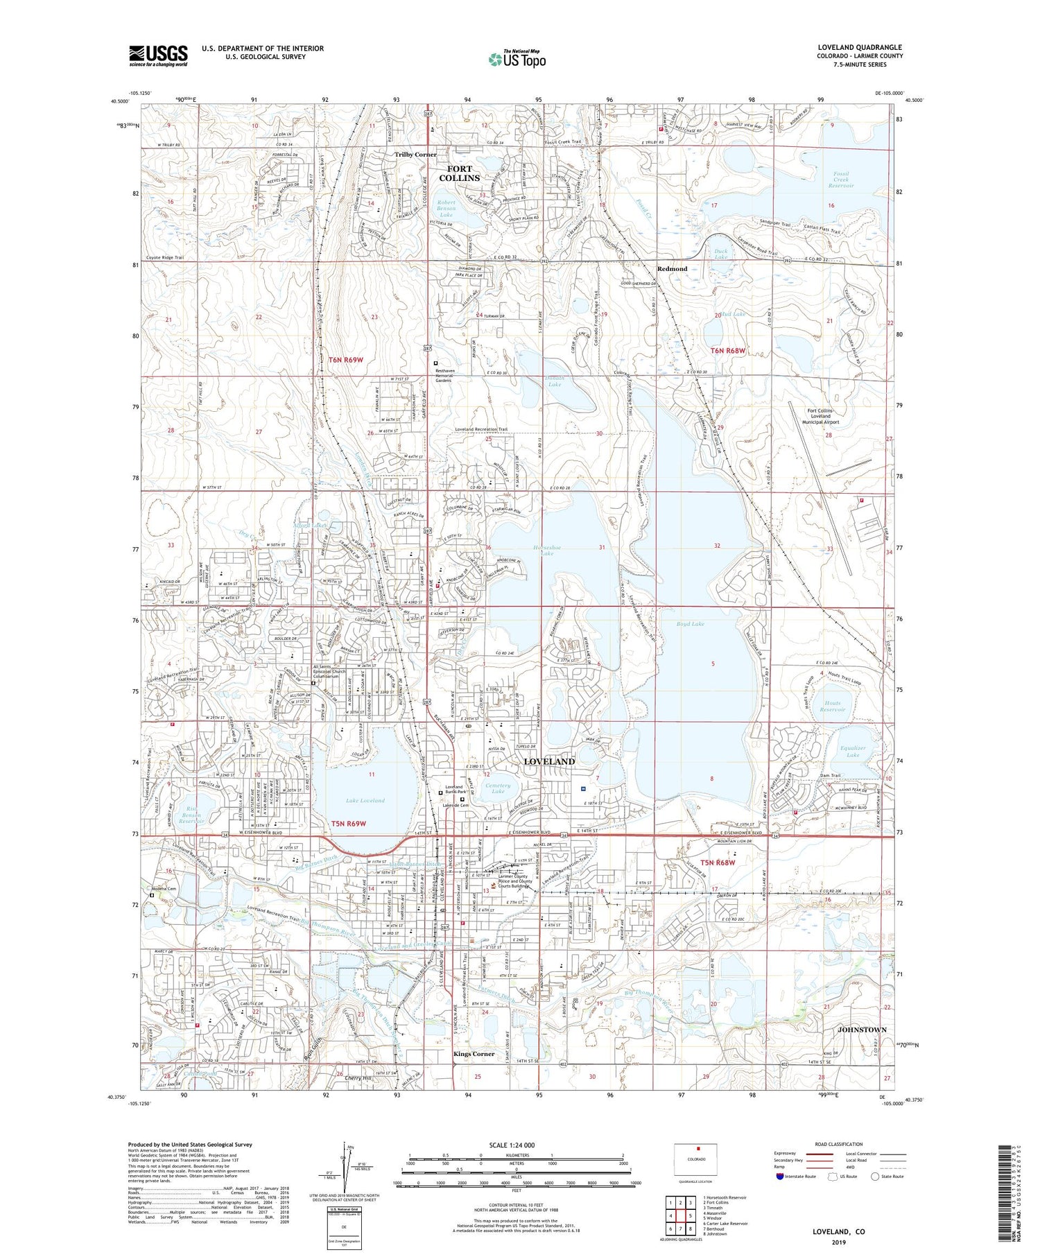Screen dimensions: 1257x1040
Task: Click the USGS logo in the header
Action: pos(158,55)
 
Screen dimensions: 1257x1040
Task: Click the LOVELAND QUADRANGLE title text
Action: pos(860,47)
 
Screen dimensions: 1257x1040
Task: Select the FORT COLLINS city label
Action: pos(459,173)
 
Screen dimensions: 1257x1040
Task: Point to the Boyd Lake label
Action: pos(690,624)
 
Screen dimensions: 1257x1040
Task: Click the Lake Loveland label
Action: pos(365,800)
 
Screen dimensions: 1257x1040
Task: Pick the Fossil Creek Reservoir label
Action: pos(841,180)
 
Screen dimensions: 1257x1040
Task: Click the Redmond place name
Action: pos(672,269)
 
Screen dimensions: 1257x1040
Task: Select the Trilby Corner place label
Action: pos(415,155)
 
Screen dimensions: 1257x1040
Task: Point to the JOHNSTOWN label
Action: pos(861,1030)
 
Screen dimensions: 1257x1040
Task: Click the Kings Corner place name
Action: pos(474,1054)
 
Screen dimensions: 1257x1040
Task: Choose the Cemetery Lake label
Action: pos(498,788)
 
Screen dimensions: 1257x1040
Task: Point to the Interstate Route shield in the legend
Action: pos(780,1177)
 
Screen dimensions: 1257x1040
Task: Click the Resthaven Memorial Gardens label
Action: pos(453,375)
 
